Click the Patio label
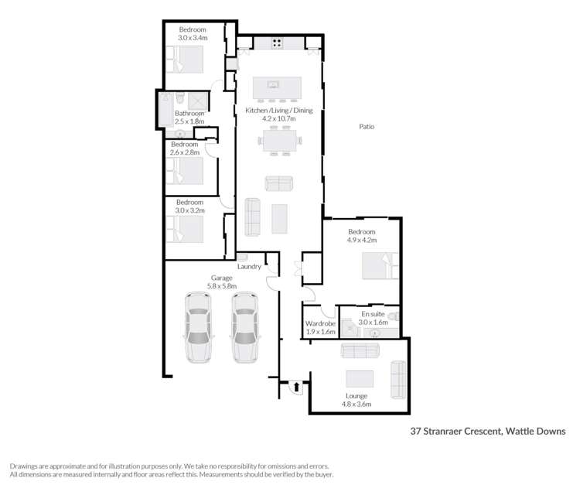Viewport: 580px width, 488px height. coord(367,126)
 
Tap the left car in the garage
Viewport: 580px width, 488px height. coord(198,326)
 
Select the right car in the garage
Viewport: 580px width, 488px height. coord(244,326)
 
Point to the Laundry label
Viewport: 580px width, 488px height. coord(249,266)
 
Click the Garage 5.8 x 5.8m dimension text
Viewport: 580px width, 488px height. coord(222,286)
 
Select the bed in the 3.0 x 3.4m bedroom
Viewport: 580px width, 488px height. coord(186,59)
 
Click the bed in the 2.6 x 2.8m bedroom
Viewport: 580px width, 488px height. coord(185,172)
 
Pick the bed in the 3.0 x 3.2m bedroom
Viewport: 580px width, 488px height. coord(185,229)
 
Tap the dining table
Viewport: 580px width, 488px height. coord(279,140)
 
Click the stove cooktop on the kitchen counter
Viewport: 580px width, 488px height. coord(276,43)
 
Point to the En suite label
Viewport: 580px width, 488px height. coord(372,315)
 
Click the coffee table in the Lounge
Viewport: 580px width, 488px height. coord(359,378)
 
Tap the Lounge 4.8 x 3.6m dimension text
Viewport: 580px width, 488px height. coord(358,404)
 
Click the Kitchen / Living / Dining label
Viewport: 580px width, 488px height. coord(279,110)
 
